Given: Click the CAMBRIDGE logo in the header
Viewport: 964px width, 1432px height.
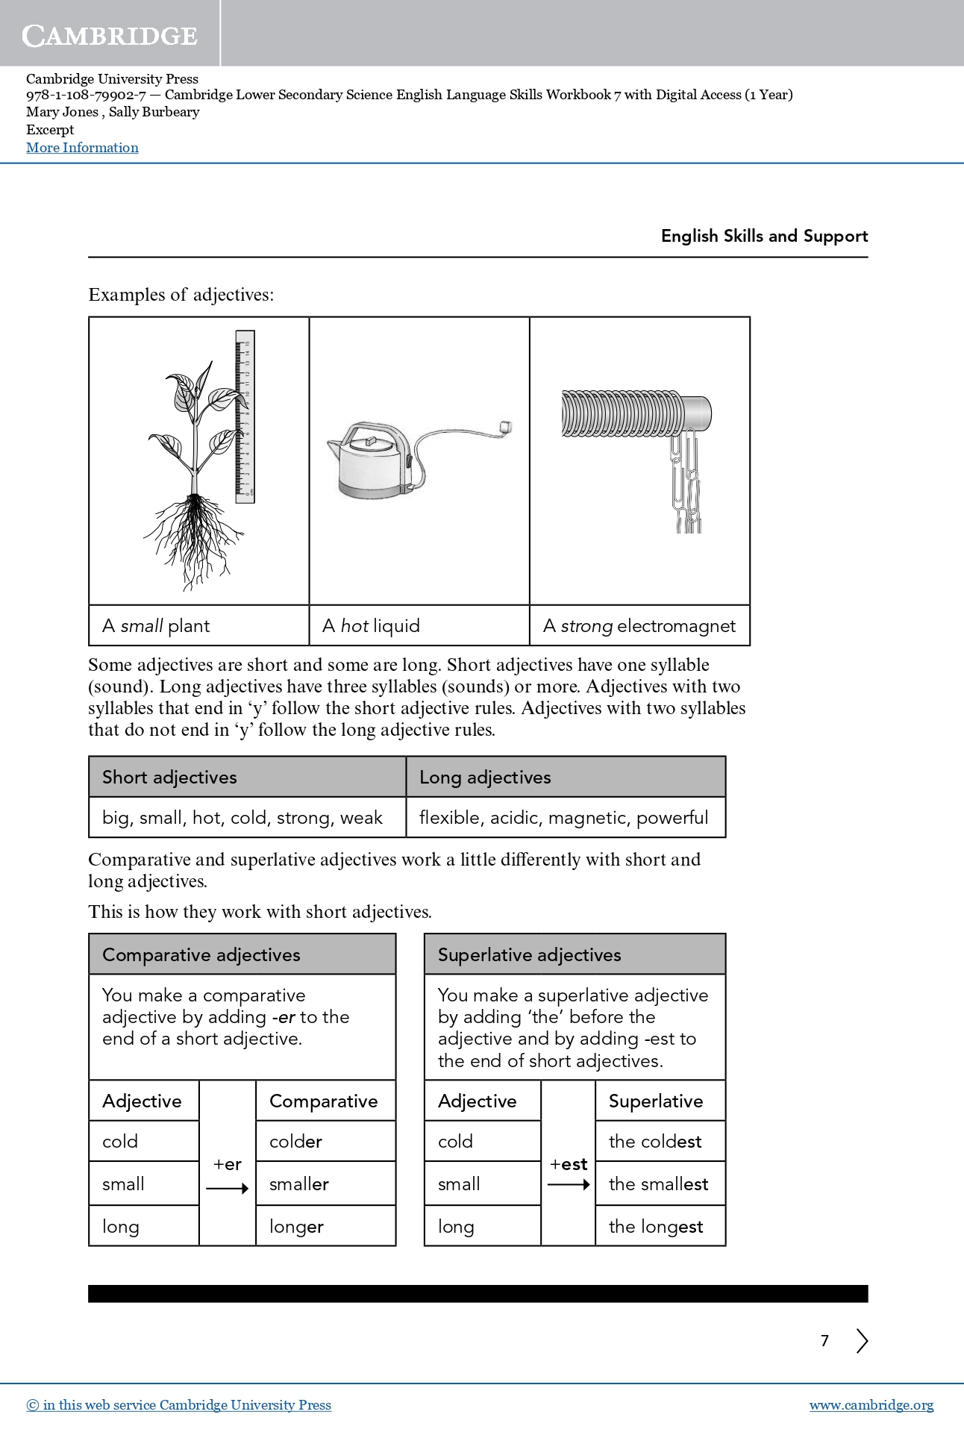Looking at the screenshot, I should (x=110, y=35).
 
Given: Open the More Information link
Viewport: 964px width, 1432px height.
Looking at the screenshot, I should (x=82, y=148).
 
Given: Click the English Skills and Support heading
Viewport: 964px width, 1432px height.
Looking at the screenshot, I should (x=764, y=236).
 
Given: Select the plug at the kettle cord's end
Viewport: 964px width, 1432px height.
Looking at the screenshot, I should (x=505, y=427).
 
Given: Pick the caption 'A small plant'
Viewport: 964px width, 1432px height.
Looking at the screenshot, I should (x=156, y=626).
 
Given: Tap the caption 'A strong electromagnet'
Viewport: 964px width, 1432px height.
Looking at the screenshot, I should (x=639, y=626).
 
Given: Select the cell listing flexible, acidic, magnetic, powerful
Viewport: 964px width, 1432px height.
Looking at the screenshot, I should (x=564, y=818).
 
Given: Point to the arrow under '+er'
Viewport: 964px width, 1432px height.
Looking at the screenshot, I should (x=227, y=1189).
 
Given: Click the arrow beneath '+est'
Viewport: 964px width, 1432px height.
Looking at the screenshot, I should (x=569, y=1184).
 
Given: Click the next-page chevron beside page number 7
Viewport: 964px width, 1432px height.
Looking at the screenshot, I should (x=862, y=1341).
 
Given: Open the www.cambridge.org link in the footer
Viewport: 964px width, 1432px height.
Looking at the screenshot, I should (x=871, y=1405).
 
